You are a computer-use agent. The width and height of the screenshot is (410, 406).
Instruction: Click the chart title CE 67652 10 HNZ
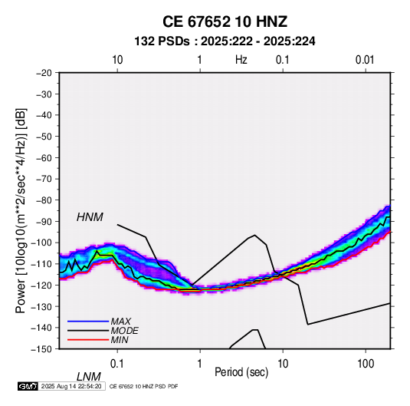[225, 21]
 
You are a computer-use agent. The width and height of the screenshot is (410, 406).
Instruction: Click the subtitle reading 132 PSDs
[162, 41]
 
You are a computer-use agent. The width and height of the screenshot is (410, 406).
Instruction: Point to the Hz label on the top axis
[241, 60]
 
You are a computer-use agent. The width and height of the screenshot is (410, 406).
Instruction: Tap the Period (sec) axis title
[241, 371]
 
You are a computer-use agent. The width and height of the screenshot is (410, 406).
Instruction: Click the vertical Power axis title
[21, 210]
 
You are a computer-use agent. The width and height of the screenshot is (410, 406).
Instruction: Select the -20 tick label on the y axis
[44, 73]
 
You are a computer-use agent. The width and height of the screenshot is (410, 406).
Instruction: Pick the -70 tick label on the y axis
[44, 179]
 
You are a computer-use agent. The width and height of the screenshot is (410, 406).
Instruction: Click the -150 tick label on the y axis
[41, 349]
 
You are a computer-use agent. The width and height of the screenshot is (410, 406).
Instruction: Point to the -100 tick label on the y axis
[41, 243]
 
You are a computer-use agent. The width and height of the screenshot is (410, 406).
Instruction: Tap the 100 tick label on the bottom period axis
[366, 364]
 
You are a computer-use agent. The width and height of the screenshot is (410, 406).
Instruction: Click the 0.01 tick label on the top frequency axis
[365, 60]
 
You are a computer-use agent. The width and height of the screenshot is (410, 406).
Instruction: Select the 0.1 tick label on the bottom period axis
[117, 364]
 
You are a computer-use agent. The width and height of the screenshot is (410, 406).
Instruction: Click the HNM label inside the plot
[90, 217]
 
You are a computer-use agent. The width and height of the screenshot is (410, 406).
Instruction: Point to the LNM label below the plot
[88, 377]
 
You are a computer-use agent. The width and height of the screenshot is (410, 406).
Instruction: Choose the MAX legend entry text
[120, 322]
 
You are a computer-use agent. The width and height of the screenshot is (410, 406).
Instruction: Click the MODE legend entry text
[124, 331]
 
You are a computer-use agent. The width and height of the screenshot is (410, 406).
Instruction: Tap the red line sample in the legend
[88, 340]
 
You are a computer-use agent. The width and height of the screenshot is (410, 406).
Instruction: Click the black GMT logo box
[28, 386]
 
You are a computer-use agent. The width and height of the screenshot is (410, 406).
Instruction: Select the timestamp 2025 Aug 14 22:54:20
[71, 386]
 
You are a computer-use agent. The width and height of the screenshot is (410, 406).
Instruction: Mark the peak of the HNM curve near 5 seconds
[254, 235]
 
